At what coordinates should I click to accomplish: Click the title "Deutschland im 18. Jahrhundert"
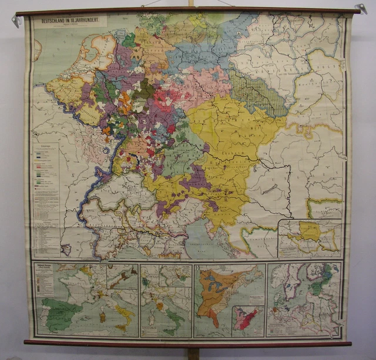[70, 22]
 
